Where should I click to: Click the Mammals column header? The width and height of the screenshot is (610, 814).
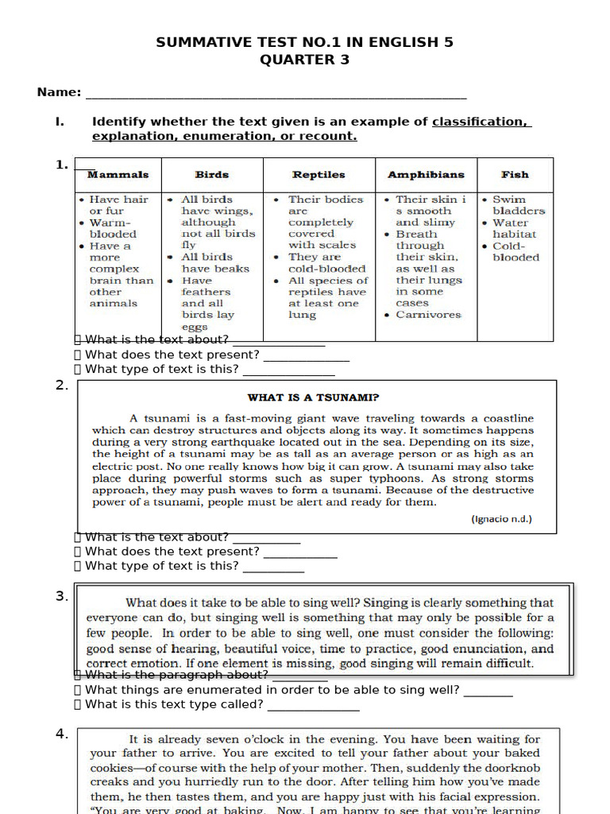tap(118, 174)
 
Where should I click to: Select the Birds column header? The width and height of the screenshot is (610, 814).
tap(212, 174)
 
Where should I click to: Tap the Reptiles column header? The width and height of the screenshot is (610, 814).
tap(319, 174)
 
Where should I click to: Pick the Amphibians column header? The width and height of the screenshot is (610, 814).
tap(426, 174)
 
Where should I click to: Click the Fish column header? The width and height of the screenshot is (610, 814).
tap(515, 174)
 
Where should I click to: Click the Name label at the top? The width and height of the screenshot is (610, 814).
tap(59, 92)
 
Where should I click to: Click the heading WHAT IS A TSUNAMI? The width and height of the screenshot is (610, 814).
tap(313, 397)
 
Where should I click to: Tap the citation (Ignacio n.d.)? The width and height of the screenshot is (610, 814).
tap(501, 519)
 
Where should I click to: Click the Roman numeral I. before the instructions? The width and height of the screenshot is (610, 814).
tap(59, 122)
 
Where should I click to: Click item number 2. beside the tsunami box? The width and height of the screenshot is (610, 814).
tap(62, 386)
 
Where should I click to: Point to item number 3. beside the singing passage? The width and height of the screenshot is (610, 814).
tap(62, 596)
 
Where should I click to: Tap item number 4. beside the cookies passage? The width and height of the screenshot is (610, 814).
tap(62, 734)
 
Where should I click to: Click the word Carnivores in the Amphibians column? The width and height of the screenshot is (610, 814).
tap(428, 315)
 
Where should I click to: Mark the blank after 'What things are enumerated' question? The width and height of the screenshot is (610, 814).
tap(488, 692)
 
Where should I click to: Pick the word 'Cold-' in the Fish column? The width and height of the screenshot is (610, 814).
tap(509, 246)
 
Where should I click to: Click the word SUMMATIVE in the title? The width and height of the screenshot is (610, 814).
tap(199, 42)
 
